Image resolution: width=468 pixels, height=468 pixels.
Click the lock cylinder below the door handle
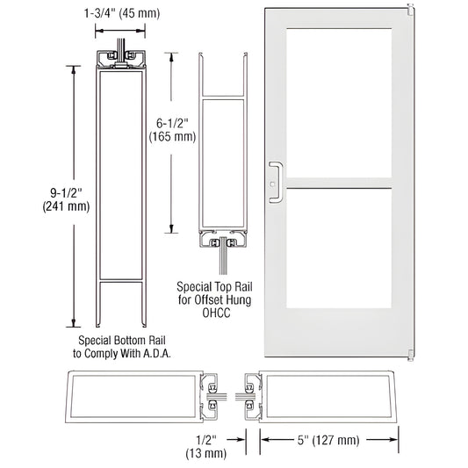click(274, 184)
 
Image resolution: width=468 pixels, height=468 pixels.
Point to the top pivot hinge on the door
click(410, 11)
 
